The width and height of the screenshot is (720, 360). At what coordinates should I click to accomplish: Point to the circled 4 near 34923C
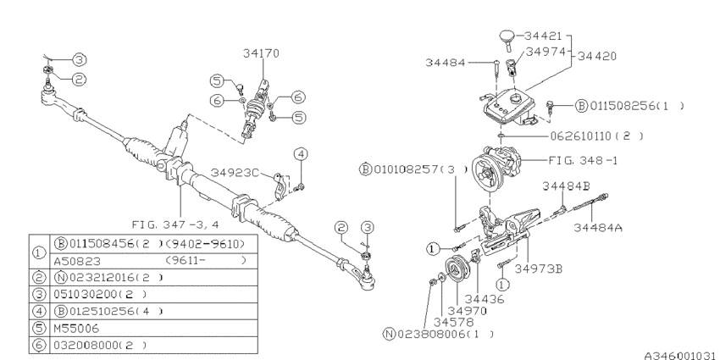click(x=300, y=154)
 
